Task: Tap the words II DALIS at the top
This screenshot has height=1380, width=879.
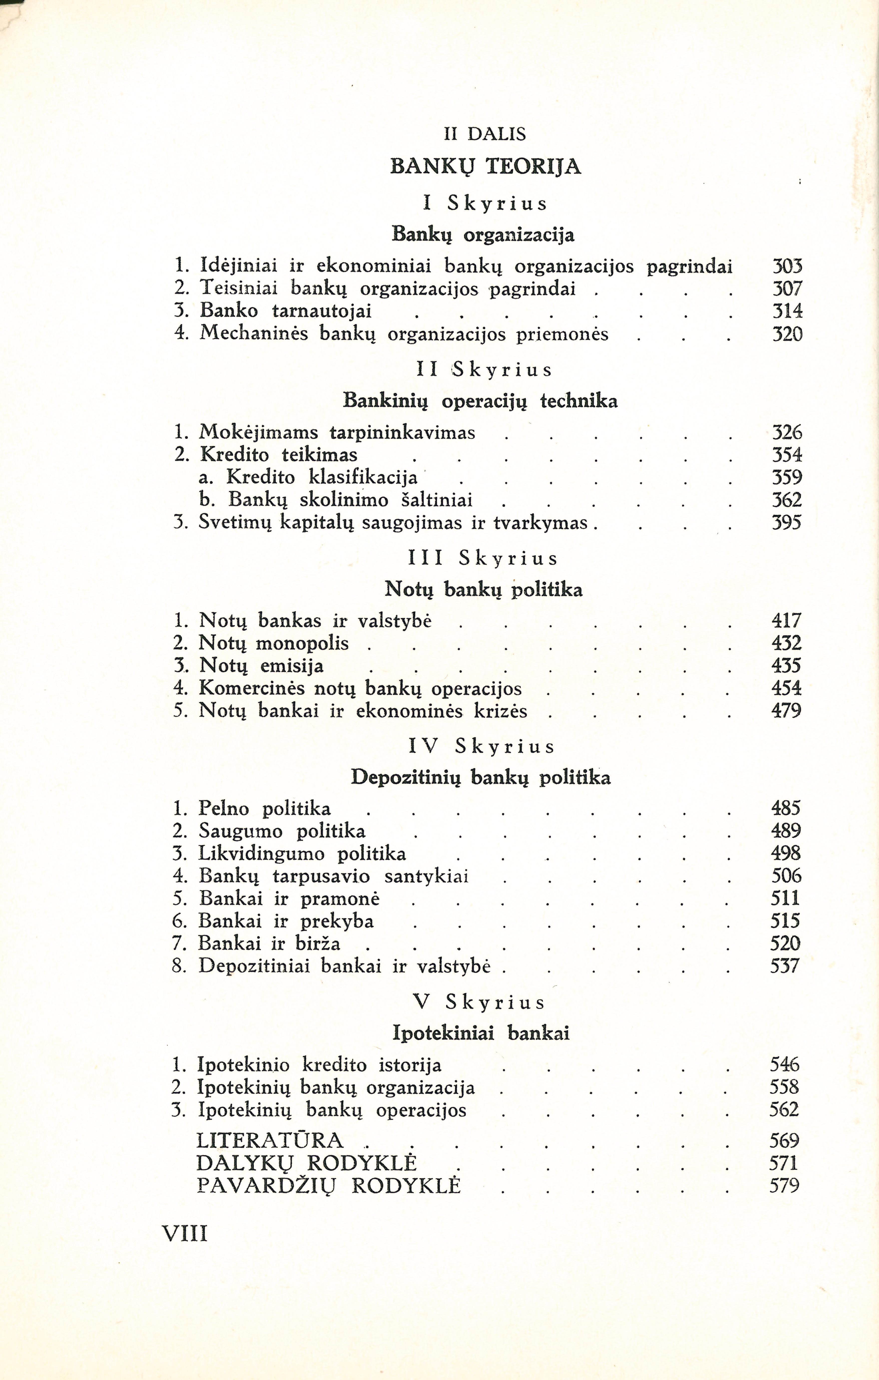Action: (x=485, y=134)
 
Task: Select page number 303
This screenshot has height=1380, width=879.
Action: (x=787, y=267)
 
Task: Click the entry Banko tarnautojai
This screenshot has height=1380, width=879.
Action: (x=286, y=311)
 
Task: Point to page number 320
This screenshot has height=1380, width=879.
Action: (x=787, y=334)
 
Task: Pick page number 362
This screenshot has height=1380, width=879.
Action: (x=787, y=500)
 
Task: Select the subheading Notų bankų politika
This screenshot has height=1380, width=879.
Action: (x=483, y=590)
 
